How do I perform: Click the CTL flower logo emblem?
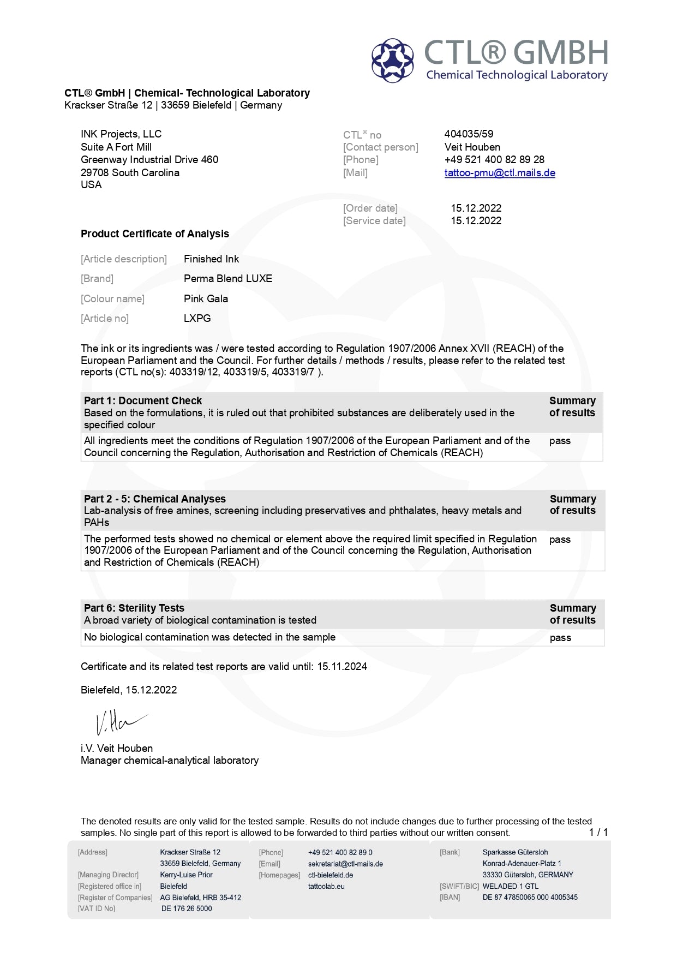point(393,60)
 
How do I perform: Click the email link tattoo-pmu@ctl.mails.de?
point(500,173)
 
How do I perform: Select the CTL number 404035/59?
point(469,134)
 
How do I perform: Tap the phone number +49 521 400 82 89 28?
point(494,160)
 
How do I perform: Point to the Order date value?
point(476,208)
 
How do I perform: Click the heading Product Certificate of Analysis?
point(155,234)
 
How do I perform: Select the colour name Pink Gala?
point(206,299)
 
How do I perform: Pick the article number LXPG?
point(197,319)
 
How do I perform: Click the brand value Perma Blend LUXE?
point(228,279)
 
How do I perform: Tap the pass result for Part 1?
point(560,441)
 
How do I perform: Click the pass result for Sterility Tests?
point(560,638)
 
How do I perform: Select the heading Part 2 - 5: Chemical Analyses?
point(155,499)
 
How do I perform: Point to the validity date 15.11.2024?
point(342,667)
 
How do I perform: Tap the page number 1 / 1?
point(598,832)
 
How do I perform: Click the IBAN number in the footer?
point(530,898)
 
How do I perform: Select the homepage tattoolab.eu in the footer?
point(326,887)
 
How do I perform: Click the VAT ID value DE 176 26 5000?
point(187,909)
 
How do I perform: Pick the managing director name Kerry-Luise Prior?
point(186,875)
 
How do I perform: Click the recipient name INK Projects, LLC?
point(121,134)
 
